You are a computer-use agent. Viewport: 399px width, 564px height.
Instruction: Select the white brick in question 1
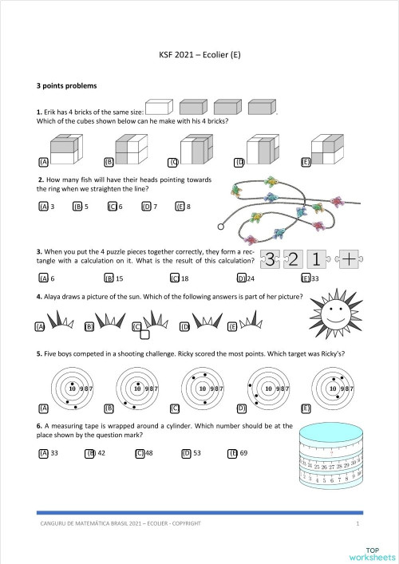[x=161, y=108]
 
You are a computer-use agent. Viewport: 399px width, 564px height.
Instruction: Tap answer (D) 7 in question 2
[x=148, y=206]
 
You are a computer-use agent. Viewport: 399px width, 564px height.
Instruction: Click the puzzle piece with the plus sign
[x=350, y=258]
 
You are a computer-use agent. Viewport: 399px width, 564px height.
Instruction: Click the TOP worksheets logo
[x=371, y=552]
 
